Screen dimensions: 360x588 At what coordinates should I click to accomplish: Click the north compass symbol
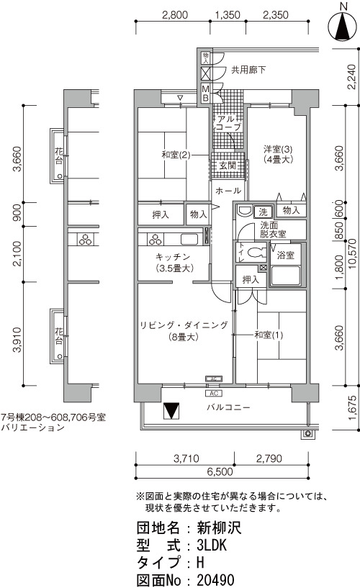point(343,25)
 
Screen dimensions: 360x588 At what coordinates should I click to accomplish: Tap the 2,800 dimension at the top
point(175,15)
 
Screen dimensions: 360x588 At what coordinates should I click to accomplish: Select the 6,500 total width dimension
point(220,471)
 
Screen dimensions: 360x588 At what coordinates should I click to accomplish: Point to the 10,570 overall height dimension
point(352,254)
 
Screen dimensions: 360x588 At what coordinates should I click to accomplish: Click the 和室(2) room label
point(176,155)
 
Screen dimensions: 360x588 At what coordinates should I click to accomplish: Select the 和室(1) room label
point(269,335)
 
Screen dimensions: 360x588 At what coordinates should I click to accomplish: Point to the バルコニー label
point(228,407)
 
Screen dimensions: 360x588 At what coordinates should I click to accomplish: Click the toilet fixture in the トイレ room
point(256,253)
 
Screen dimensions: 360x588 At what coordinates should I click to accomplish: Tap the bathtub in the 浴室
point(286,276)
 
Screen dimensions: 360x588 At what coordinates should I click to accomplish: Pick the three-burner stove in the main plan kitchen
point(155,239)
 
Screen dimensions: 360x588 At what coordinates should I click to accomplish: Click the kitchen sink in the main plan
point(190,239)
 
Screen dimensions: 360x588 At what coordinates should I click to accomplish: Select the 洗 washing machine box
point(264,212)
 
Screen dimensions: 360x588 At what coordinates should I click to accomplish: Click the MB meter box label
point(205,94)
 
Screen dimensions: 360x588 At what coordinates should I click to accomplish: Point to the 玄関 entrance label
point(228,165)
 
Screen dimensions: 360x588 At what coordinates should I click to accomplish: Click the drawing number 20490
point(215,580)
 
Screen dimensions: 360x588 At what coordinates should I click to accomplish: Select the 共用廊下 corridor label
point(248,70)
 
